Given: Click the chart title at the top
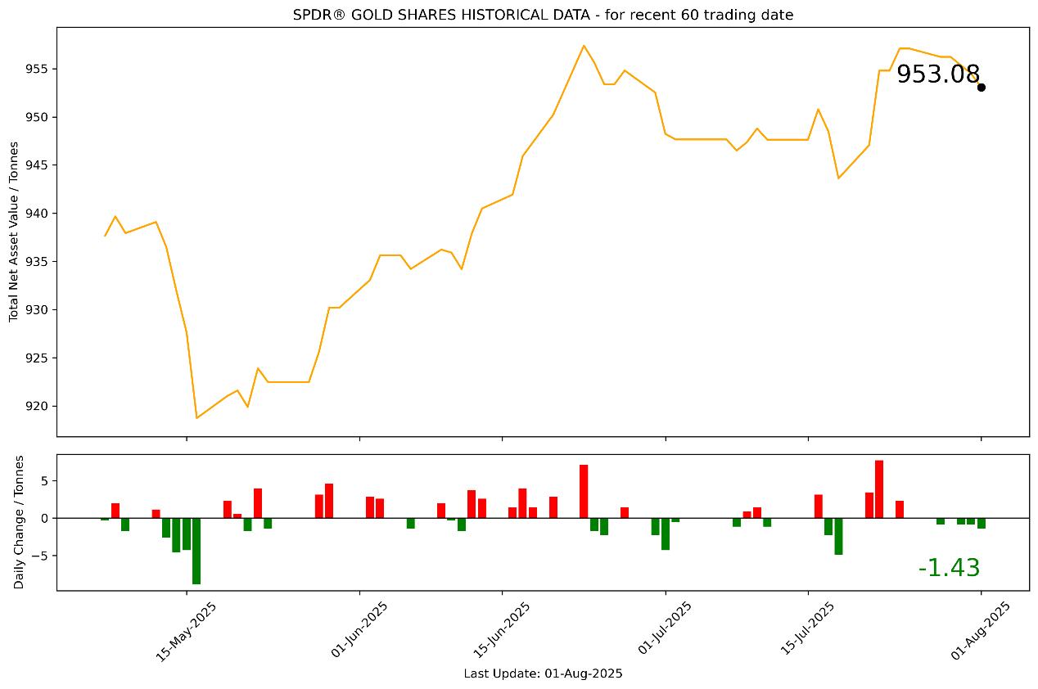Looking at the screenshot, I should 543,15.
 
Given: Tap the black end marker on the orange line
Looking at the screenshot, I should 981,87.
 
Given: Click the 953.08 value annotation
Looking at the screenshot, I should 937,74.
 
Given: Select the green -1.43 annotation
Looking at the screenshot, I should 949,568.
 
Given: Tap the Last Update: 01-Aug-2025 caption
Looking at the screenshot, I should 543,673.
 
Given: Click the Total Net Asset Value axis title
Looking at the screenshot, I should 14,232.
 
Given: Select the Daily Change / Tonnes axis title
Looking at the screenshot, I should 19,522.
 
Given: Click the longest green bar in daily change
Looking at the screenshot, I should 196,551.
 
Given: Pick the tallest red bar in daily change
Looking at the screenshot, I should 879,489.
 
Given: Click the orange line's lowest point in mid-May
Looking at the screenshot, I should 196,418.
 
